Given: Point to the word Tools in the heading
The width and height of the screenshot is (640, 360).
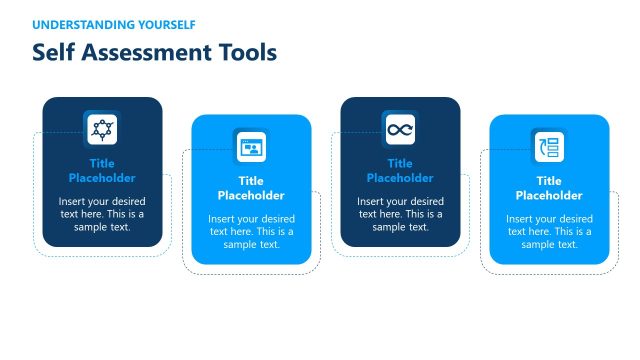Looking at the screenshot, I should click(x=247, y=52).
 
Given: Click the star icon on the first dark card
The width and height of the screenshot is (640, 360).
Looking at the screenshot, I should click(x=102, y=129).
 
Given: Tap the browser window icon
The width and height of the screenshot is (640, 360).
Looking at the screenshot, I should click(x=251, y=147).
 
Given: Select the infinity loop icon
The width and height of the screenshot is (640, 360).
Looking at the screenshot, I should click(x=400, y=129).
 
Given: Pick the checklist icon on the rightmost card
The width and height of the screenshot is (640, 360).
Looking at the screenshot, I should click(x=549, y=147).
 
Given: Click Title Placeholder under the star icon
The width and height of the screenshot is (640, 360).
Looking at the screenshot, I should click(x=102, y=171).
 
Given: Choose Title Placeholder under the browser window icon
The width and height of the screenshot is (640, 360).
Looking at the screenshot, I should click(x=251, y=188).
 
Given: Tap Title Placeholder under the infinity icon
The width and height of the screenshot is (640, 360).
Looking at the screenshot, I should click(x=400, y=171).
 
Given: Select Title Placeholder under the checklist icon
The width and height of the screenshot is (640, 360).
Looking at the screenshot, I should click(x=549, y=188).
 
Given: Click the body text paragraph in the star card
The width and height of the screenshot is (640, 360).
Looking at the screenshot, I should click(x=102, y=214).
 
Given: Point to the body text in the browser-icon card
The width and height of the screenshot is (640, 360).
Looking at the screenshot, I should click(x=251, y=231).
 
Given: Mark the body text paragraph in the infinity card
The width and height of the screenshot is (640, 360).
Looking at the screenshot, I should click(x=400, y=214).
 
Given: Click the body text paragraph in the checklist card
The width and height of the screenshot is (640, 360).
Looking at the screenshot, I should click(x=549, y=231).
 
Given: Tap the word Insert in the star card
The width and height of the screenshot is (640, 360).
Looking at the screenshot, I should click(x=74, y=201).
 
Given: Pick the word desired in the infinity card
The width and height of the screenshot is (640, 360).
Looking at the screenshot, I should click(x=426, y=201).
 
